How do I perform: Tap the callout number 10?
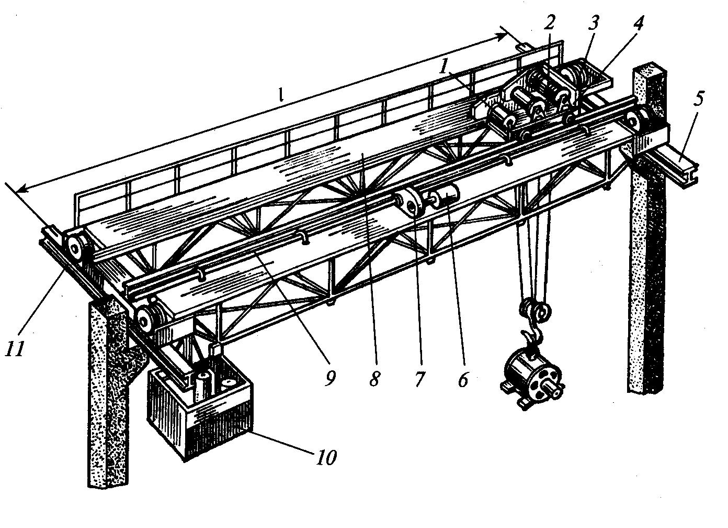pyautogui.click(x=325, y=457)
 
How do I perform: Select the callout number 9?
pyautogui.click(x=329, y=378)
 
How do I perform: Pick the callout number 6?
pyautogui.click(x=463, y=379)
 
